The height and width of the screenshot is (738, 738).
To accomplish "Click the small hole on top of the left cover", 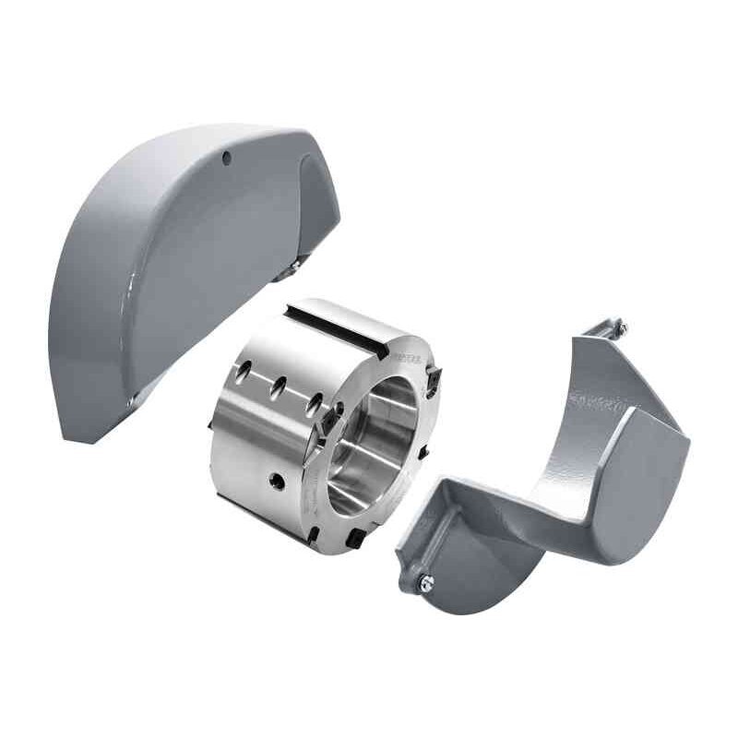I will [x=226, y=158].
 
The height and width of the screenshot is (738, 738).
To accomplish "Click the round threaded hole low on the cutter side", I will [x=274, y=480].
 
